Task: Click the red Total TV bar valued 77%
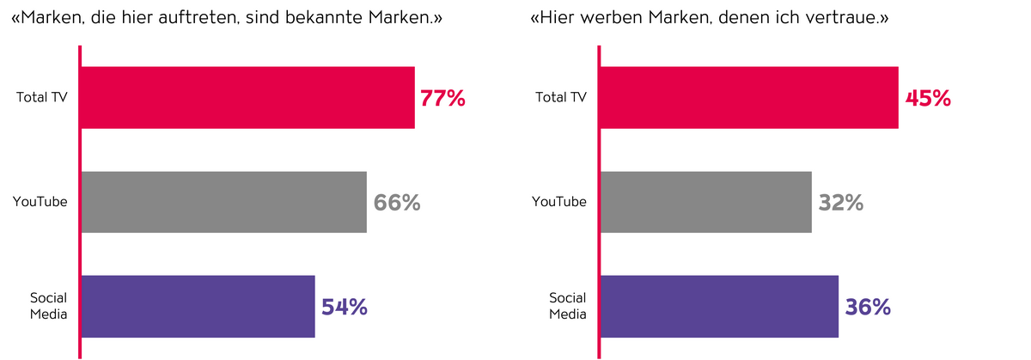point(247,98)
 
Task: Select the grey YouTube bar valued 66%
point(223,202)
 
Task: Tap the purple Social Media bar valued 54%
point(198,306)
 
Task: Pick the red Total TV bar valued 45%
point(748,98)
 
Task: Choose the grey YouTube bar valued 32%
point(705,202)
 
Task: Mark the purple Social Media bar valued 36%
point(718,306)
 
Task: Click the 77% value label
point(442,98)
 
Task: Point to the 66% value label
point(397,203)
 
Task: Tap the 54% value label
point(345,307)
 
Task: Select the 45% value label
point(928,98)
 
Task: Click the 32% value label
point(840,203)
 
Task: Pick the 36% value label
point(868,307)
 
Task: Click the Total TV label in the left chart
point(41,97)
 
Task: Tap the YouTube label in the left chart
point(40,202)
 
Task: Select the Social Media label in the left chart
point(48,306)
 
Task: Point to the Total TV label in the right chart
point(561,97)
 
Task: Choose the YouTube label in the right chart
point(559,202)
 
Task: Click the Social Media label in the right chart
point(568,306)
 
